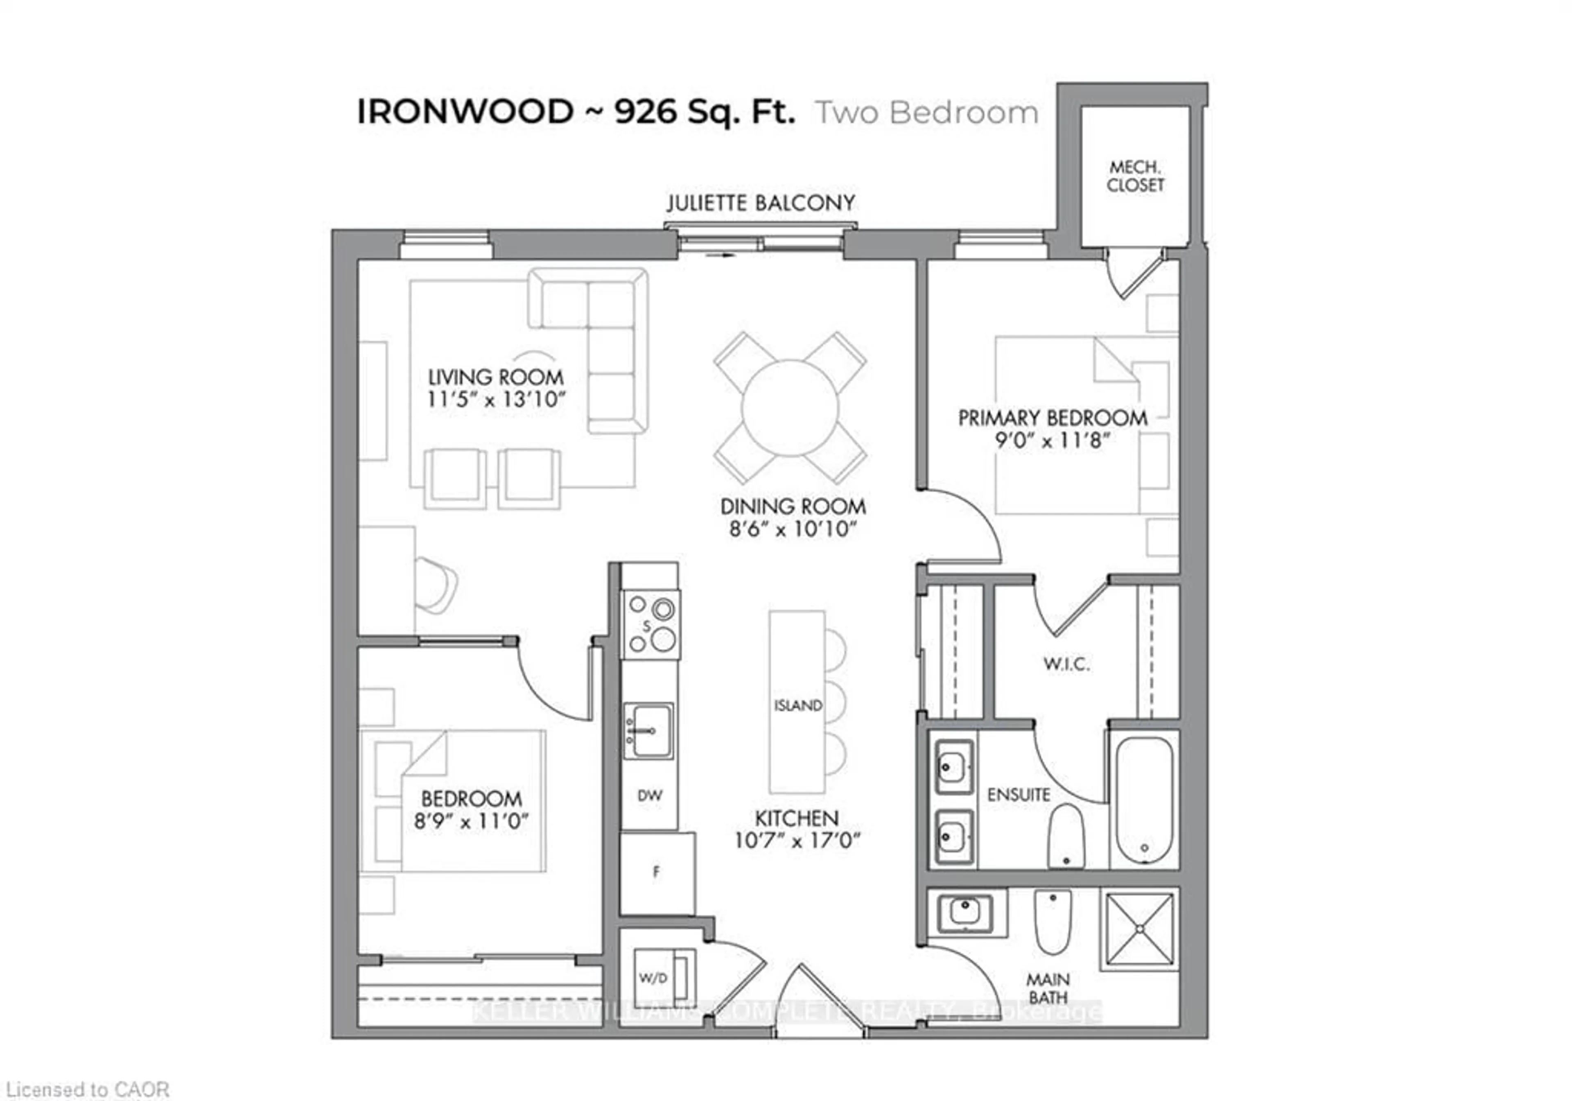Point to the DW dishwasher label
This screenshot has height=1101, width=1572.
[649, 796]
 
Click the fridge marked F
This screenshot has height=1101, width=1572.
[656, 872]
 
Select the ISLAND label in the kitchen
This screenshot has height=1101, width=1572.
[797, 705]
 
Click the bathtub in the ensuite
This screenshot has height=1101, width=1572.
[1144, 799]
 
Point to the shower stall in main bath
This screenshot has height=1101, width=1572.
[1139, 929]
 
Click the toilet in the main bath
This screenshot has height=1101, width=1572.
[1053, 921]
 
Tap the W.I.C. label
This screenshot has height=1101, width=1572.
[1066, 664]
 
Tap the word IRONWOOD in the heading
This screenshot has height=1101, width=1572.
[465, 112]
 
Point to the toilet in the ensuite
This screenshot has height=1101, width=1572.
[1066, 835]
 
